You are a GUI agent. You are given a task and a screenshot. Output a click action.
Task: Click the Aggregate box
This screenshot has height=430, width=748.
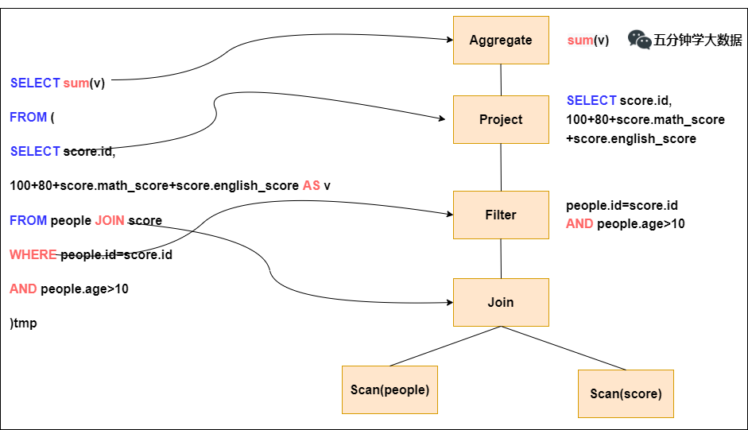click(501, 40)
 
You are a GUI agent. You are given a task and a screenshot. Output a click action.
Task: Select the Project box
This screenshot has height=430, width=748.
click(501, 119)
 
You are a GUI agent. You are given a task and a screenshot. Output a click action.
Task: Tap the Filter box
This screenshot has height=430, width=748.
click(501, 215)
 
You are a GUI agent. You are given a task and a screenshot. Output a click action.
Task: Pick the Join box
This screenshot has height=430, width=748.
click(501, 302)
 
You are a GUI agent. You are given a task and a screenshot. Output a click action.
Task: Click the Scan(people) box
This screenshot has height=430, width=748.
click(390, 389)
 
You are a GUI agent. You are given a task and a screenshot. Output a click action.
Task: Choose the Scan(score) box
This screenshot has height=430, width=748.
click(626, 393)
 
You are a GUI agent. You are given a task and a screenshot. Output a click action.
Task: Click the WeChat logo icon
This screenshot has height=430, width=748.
click(639, 40)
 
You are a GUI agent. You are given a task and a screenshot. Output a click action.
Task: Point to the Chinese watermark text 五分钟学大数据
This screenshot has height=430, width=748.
click(699, 40)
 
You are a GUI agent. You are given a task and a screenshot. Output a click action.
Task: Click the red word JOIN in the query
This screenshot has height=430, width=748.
click(110, 220)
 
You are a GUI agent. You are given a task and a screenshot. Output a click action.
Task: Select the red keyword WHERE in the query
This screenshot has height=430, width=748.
click(33, 255)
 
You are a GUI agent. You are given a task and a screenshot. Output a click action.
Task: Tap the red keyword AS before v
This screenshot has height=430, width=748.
click(312, 185)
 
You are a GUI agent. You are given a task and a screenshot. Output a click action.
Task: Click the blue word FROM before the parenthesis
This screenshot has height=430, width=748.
click(28, 117)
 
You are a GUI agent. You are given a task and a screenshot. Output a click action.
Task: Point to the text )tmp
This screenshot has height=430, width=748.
click(23, 323)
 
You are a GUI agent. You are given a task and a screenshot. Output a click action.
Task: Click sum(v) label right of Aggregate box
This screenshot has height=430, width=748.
click(588, 40)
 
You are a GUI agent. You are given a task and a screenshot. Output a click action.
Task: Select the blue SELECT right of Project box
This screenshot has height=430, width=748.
click(591, 100)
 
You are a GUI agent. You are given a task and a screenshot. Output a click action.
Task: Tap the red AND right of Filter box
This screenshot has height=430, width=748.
click(579, 224)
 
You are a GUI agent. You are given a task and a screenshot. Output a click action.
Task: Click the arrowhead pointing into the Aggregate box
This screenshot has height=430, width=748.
click(448, 39)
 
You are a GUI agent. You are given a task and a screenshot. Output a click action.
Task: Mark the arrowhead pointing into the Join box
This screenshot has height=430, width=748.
click(448, 302)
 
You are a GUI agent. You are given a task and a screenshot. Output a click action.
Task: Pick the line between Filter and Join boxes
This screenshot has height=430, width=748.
click(501, 258)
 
